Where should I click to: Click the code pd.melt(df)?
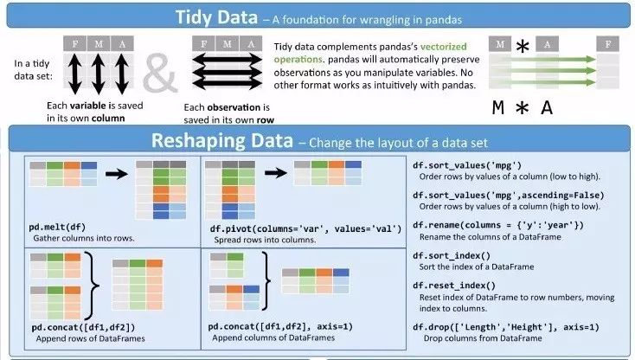pyautogui.click(x=61, y=227)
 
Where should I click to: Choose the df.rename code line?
pyautogui.click(x=498, y=225)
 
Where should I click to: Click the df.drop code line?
pyautogui.click(x=505, y=326)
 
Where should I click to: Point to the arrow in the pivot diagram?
pyautogui.click(x=276, y=172)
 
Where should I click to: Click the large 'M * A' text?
pyautogui.click(x=523, y=108)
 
